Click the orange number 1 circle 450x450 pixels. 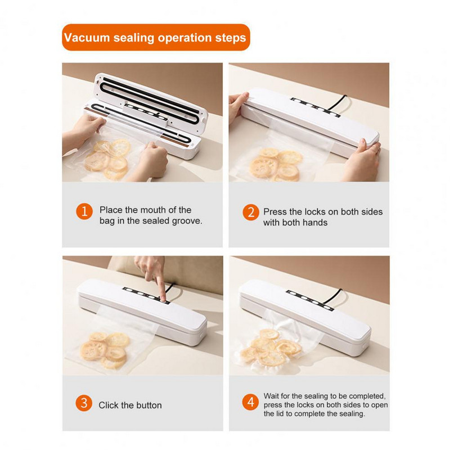pyautogui.click(x=84, y=211)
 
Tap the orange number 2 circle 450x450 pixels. pyautogui.click(x=251, y=213)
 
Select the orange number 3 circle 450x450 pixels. pyautogui.click(x=84, y=403)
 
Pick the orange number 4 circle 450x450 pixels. pyautogui.click(x=250, y=402)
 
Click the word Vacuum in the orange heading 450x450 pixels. pyautogui.click(x=87, y=38)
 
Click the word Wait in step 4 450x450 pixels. pyautogui.click(x=272, y=396)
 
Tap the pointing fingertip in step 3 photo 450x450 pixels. pyautogui.click(x=163, y=299)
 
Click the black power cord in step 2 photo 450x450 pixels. pyautogui.click(x=339, y=102)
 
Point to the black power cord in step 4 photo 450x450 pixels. pyautogui.click(x=334, y=296)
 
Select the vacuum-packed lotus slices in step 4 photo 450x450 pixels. pyautogui.click(x=270, y=348)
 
